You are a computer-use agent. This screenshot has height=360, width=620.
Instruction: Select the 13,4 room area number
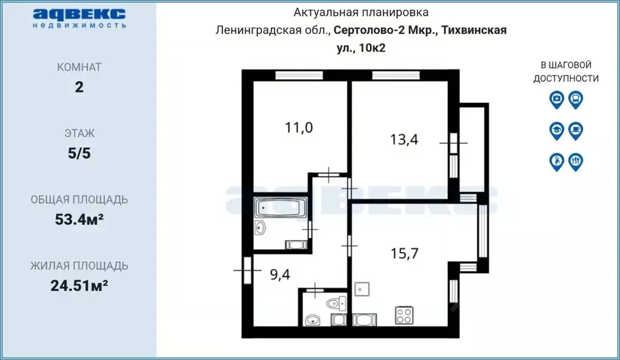point(404,139)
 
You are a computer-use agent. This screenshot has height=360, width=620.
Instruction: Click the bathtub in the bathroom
point(281,208)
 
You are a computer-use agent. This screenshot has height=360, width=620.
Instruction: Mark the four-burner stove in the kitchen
point(404,315)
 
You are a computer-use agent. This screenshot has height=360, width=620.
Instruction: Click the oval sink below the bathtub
point(261,228)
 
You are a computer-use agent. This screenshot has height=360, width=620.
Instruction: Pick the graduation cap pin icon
point(556,130)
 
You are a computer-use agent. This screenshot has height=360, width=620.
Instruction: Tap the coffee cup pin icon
point(576,130)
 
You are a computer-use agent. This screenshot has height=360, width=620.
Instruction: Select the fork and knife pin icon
point(576,161)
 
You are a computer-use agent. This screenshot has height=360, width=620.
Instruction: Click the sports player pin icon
point(556,161)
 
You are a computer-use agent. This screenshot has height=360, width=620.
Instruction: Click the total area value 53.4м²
point(79,219)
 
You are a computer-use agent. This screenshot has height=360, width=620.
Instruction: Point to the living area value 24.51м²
point(79,285)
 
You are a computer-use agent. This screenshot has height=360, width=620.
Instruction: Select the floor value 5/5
point(79,153)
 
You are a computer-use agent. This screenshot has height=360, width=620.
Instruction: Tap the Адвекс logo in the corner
point(79,17)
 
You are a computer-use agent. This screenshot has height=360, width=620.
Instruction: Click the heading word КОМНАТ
point(79,67)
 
